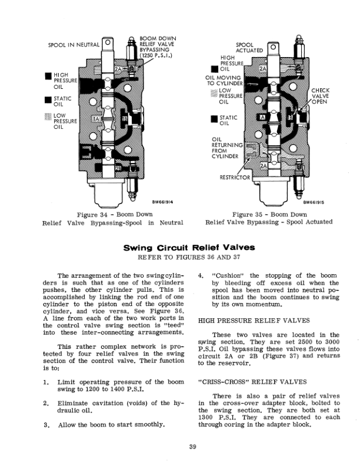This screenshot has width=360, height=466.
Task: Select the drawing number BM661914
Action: pyautogui.click(x=160, y=202)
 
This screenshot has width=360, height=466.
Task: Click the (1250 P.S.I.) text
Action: pyautogui.click(x=155, y=55)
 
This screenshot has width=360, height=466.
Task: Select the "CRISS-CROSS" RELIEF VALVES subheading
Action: pyautogui.click(x=242, y=381)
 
